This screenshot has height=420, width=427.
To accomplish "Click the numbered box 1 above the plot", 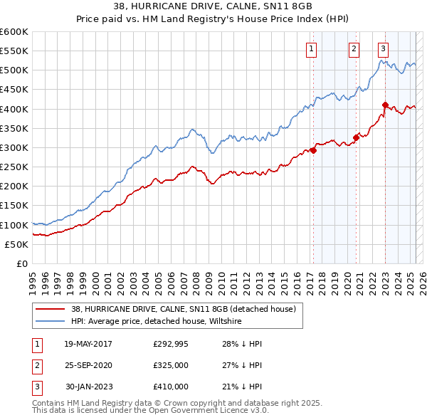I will point(312,49).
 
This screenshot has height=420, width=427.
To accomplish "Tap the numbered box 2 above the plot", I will point(354,49).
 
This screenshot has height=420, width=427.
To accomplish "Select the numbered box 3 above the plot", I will point(383,49).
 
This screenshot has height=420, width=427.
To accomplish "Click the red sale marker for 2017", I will point(313,150).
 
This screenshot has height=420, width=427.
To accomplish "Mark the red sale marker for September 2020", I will point(357,138).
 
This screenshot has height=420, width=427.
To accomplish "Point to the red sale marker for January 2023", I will point(385,105).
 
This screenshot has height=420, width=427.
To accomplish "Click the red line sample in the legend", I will point(50,308).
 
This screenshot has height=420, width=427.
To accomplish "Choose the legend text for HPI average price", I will point(157,321).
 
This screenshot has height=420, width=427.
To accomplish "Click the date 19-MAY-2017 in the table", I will point(88,344).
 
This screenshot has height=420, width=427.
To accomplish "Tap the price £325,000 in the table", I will point(171,365).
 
